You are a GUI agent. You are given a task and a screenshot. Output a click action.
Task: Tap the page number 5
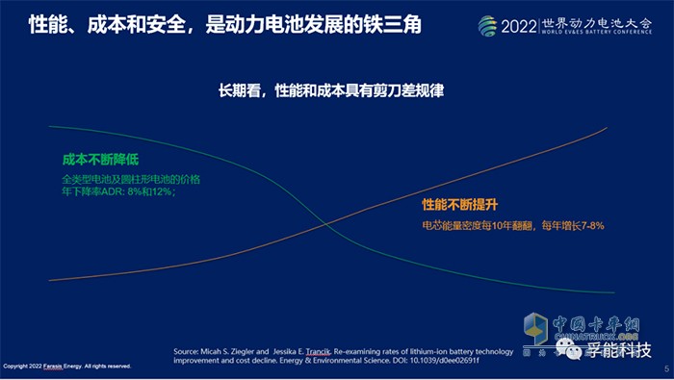pos(664,367)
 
